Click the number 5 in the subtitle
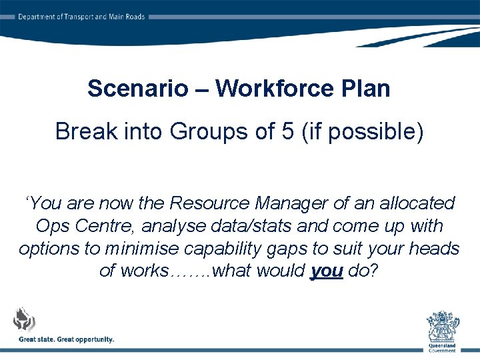click(287, 131)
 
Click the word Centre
click(104, 225)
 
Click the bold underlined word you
click(327, 271)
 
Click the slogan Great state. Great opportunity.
click(66, 339)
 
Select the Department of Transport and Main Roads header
click(81, 17)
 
